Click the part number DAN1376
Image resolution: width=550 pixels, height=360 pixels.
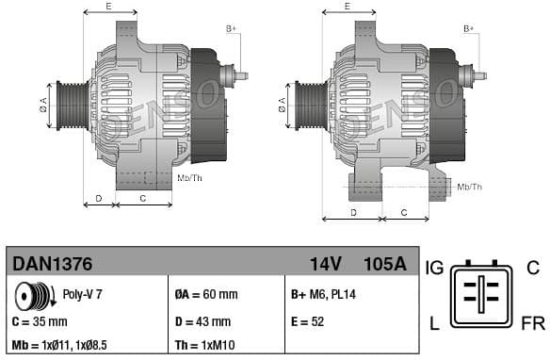pyautogui.click(x=51, y=264)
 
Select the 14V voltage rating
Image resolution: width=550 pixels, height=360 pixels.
pyautogui.click(x=326, y=264)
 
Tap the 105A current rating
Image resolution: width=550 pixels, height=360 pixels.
pyautogui.click(x=385, y=264)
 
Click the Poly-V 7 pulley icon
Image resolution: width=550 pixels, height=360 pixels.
pyautogui.click(x=34, y=297)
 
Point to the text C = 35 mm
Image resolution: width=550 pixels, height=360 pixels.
pyautogui.click(x=40, y=321)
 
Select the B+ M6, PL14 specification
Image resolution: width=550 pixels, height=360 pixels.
pyautogui.click(x=324, y=294)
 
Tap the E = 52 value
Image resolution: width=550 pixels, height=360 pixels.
pyautogui.click(x=308, y=321)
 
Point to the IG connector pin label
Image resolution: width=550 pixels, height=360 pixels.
pyautogui.click(x=435, y=268)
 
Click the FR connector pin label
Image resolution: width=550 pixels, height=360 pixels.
pyautogui.click(x=532, y=324)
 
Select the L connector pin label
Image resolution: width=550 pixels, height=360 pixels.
pyautogui.click(x=434, y=324)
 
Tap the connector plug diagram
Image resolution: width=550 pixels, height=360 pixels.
pyautogui.click(x=482, y=294)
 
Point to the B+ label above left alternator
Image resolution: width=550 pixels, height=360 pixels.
pyautogui.click(x=231, y=29)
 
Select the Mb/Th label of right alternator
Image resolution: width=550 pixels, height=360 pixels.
pyautogui.click(x=469, y=188)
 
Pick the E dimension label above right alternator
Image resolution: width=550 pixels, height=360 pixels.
pyautogui.click(x=348, y=7)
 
